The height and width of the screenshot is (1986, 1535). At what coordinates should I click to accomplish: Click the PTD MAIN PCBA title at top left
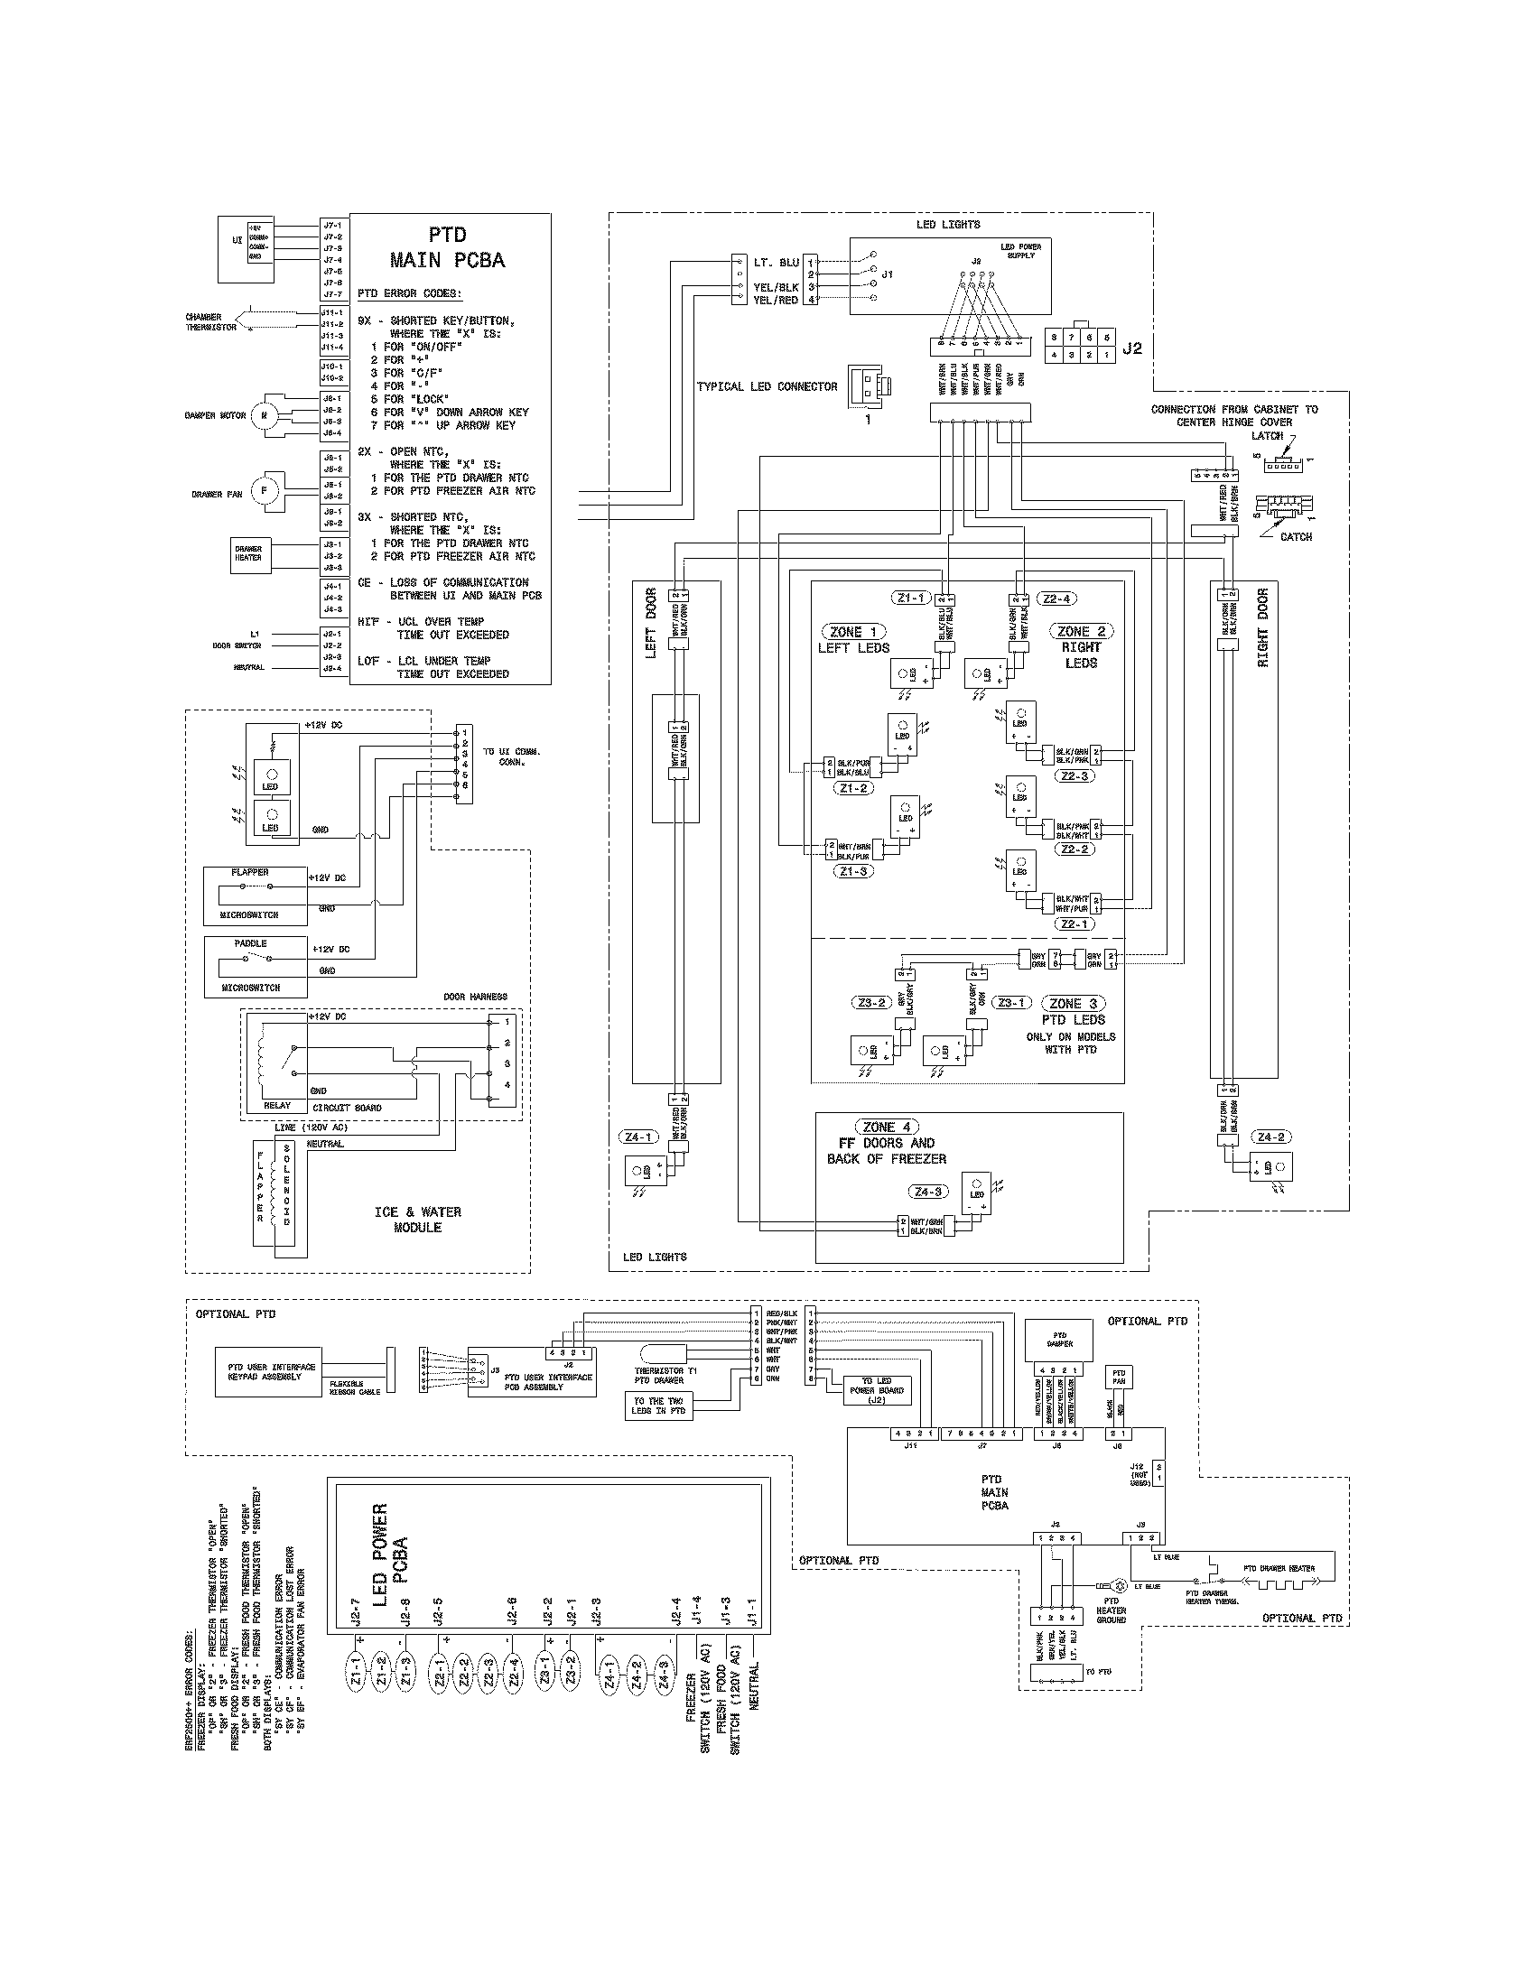point(447,247)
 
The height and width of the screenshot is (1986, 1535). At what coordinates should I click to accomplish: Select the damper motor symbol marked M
point(264,414)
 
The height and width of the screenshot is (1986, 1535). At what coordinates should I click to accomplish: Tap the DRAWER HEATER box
point(248,553)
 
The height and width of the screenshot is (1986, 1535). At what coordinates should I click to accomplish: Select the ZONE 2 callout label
point(1079,631)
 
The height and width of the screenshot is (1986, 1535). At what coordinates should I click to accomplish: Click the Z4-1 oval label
point(637,1137)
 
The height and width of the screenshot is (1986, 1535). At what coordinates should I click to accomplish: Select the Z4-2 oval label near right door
point(1270,1137)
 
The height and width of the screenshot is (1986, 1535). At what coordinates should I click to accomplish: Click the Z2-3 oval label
point(1074,775)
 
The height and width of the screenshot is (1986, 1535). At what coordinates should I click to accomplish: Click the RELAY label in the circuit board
point(276,1106)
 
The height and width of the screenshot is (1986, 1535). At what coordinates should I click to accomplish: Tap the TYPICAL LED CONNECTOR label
point(767,386)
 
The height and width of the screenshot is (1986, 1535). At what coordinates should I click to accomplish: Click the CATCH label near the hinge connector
point(1295,536)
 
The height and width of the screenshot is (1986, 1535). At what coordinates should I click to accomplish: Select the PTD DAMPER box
point(1059,1340)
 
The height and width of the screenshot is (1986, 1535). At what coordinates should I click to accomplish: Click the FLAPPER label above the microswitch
point(249,872)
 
